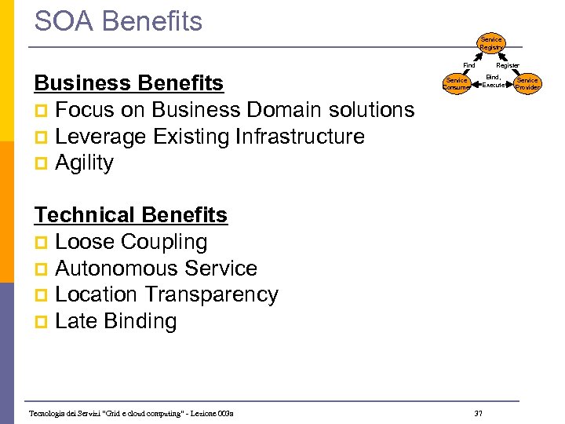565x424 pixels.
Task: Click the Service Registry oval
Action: pos(491,44)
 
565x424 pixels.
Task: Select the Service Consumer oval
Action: pos(456,84)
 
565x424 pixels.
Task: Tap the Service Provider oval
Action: pos(527,84)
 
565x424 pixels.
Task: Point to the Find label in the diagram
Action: pos(468,65)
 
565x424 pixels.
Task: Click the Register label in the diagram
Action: pos(508,65)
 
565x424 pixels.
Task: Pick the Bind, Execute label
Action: pos(493,81)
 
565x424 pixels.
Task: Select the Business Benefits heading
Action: pos(129,83)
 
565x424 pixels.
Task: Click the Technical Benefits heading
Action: pos(131,215)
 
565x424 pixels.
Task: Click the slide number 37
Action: pos(479,413)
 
